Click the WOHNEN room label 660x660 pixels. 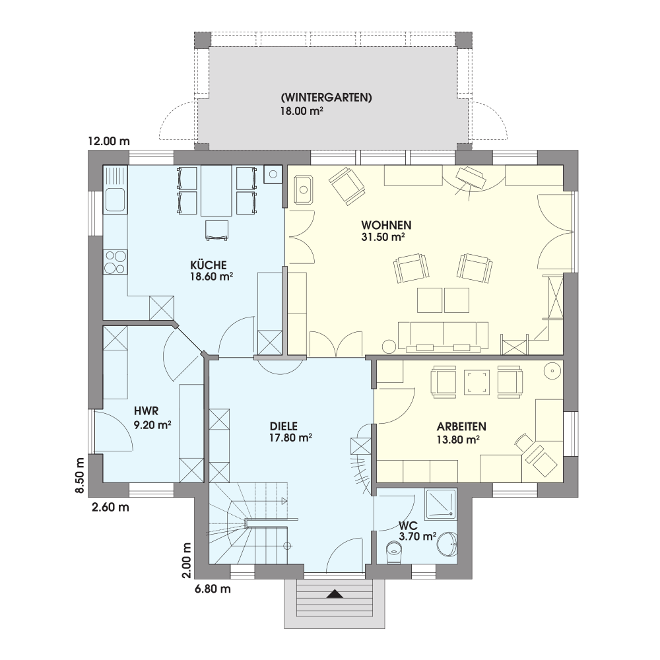[386, 225]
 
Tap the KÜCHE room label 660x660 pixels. [209, 265]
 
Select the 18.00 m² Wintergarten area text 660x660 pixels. [302, 111]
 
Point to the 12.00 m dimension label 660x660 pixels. [109, 141]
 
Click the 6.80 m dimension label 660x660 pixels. [213, 589]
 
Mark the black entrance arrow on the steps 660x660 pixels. [335, 594]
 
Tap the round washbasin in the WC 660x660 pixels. [447, 544]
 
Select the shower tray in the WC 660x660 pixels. [441, 504]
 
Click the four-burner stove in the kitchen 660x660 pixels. [115, 262]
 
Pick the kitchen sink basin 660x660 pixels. [115, 200]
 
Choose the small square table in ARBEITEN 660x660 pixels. [477, 383]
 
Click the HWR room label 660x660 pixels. [146, 411]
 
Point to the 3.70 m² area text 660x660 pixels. [417, 536]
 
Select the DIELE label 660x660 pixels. [284, 426]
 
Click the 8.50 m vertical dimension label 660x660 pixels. [80, 475]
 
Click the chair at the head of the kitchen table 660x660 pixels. [217, 230]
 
